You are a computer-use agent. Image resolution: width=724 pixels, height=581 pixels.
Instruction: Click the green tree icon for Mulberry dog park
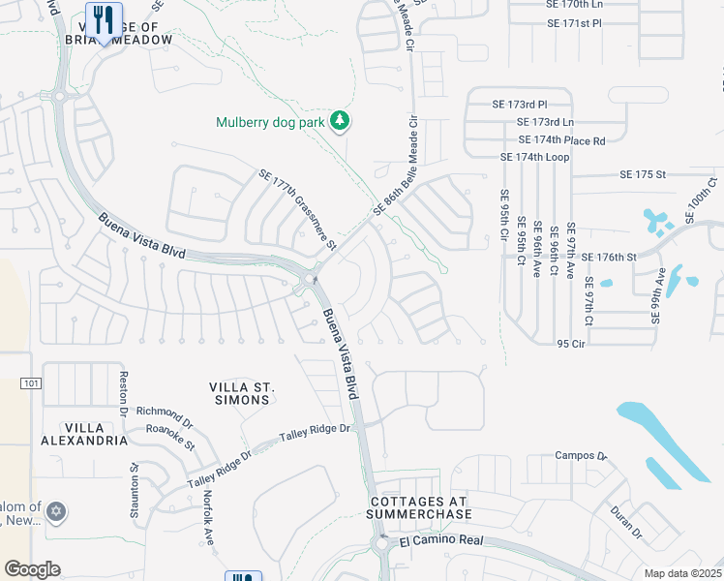point(339,121)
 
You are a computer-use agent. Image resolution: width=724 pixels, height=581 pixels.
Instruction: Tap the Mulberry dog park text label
point(271,122)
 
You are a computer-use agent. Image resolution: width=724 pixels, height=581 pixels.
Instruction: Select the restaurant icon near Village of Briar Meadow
point(103,18)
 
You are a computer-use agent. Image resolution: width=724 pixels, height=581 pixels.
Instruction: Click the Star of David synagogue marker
point(55,510)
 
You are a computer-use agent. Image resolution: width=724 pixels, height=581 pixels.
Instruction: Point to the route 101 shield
point(31,383)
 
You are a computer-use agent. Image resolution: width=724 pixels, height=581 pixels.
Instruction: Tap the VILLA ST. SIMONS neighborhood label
point(240,393)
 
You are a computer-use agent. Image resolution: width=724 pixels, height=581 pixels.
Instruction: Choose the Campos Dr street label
point(580,455)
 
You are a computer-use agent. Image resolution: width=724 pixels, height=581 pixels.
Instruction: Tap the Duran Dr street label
point(626,521)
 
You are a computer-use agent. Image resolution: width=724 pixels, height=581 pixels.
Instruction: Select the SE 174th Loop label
point(534,157)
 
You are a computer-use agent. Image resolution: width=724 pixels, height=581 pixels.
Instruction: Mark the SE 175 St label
point(644,174)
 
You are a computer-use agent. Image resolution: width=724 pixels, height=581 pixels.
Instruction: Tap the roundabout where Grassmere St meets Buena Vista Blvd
point(311,281)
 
